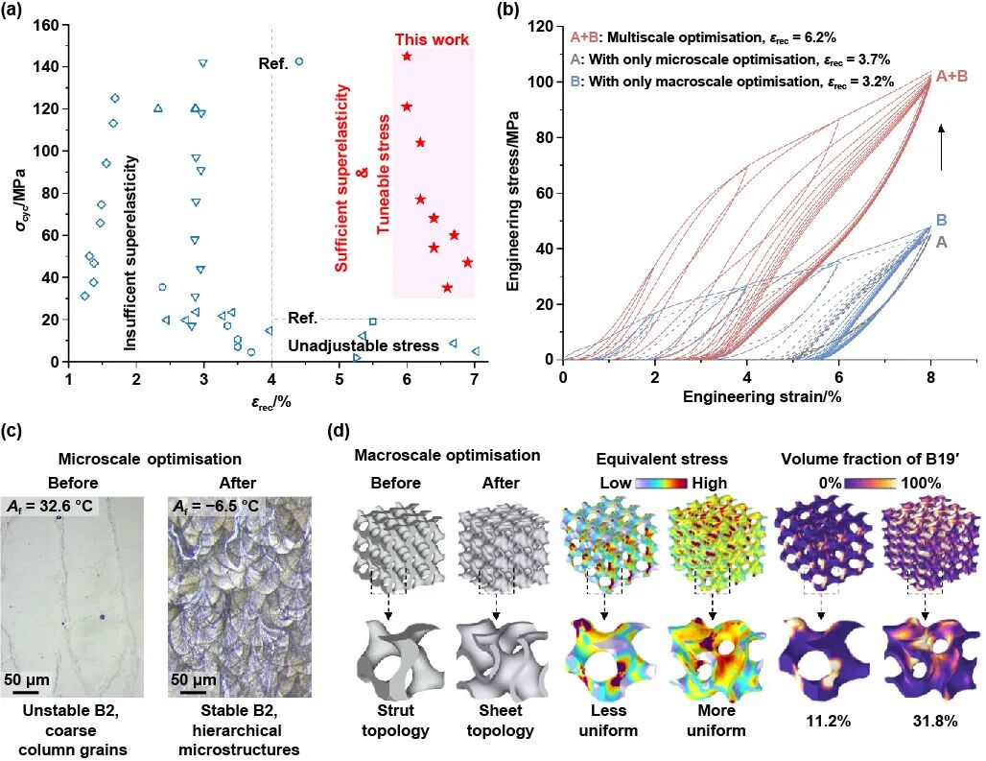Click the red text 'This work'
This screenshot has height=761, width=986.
pyautogui.click(x=432, y=39)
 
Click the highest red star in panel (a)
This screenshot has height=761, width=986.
pyautogui.click(x=407, y=57)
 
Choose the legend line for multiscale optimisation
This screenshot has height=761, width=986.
pyautogui.click(x=703, y=38)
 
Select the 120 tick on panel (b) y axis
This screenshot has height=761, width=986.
pyautogui.click(x=546, y=26)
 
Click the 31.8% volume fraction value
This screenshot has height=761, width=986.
pyautogui.click(x=924, y=720)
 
